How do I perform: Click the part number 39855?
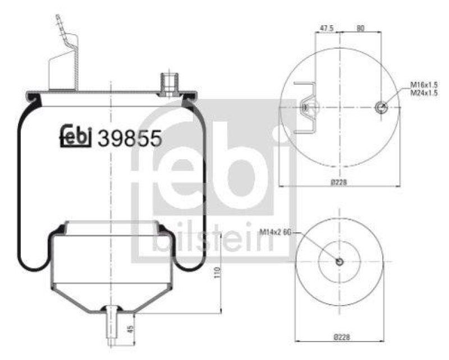point(130,137)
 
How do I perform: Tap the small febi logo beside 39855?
point(76,137)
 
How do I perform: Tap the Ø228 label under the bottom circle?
point(339,338)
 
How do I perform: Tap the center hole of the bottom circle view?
point(339,261)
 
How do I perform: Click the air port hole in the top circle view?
point(382,107)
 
